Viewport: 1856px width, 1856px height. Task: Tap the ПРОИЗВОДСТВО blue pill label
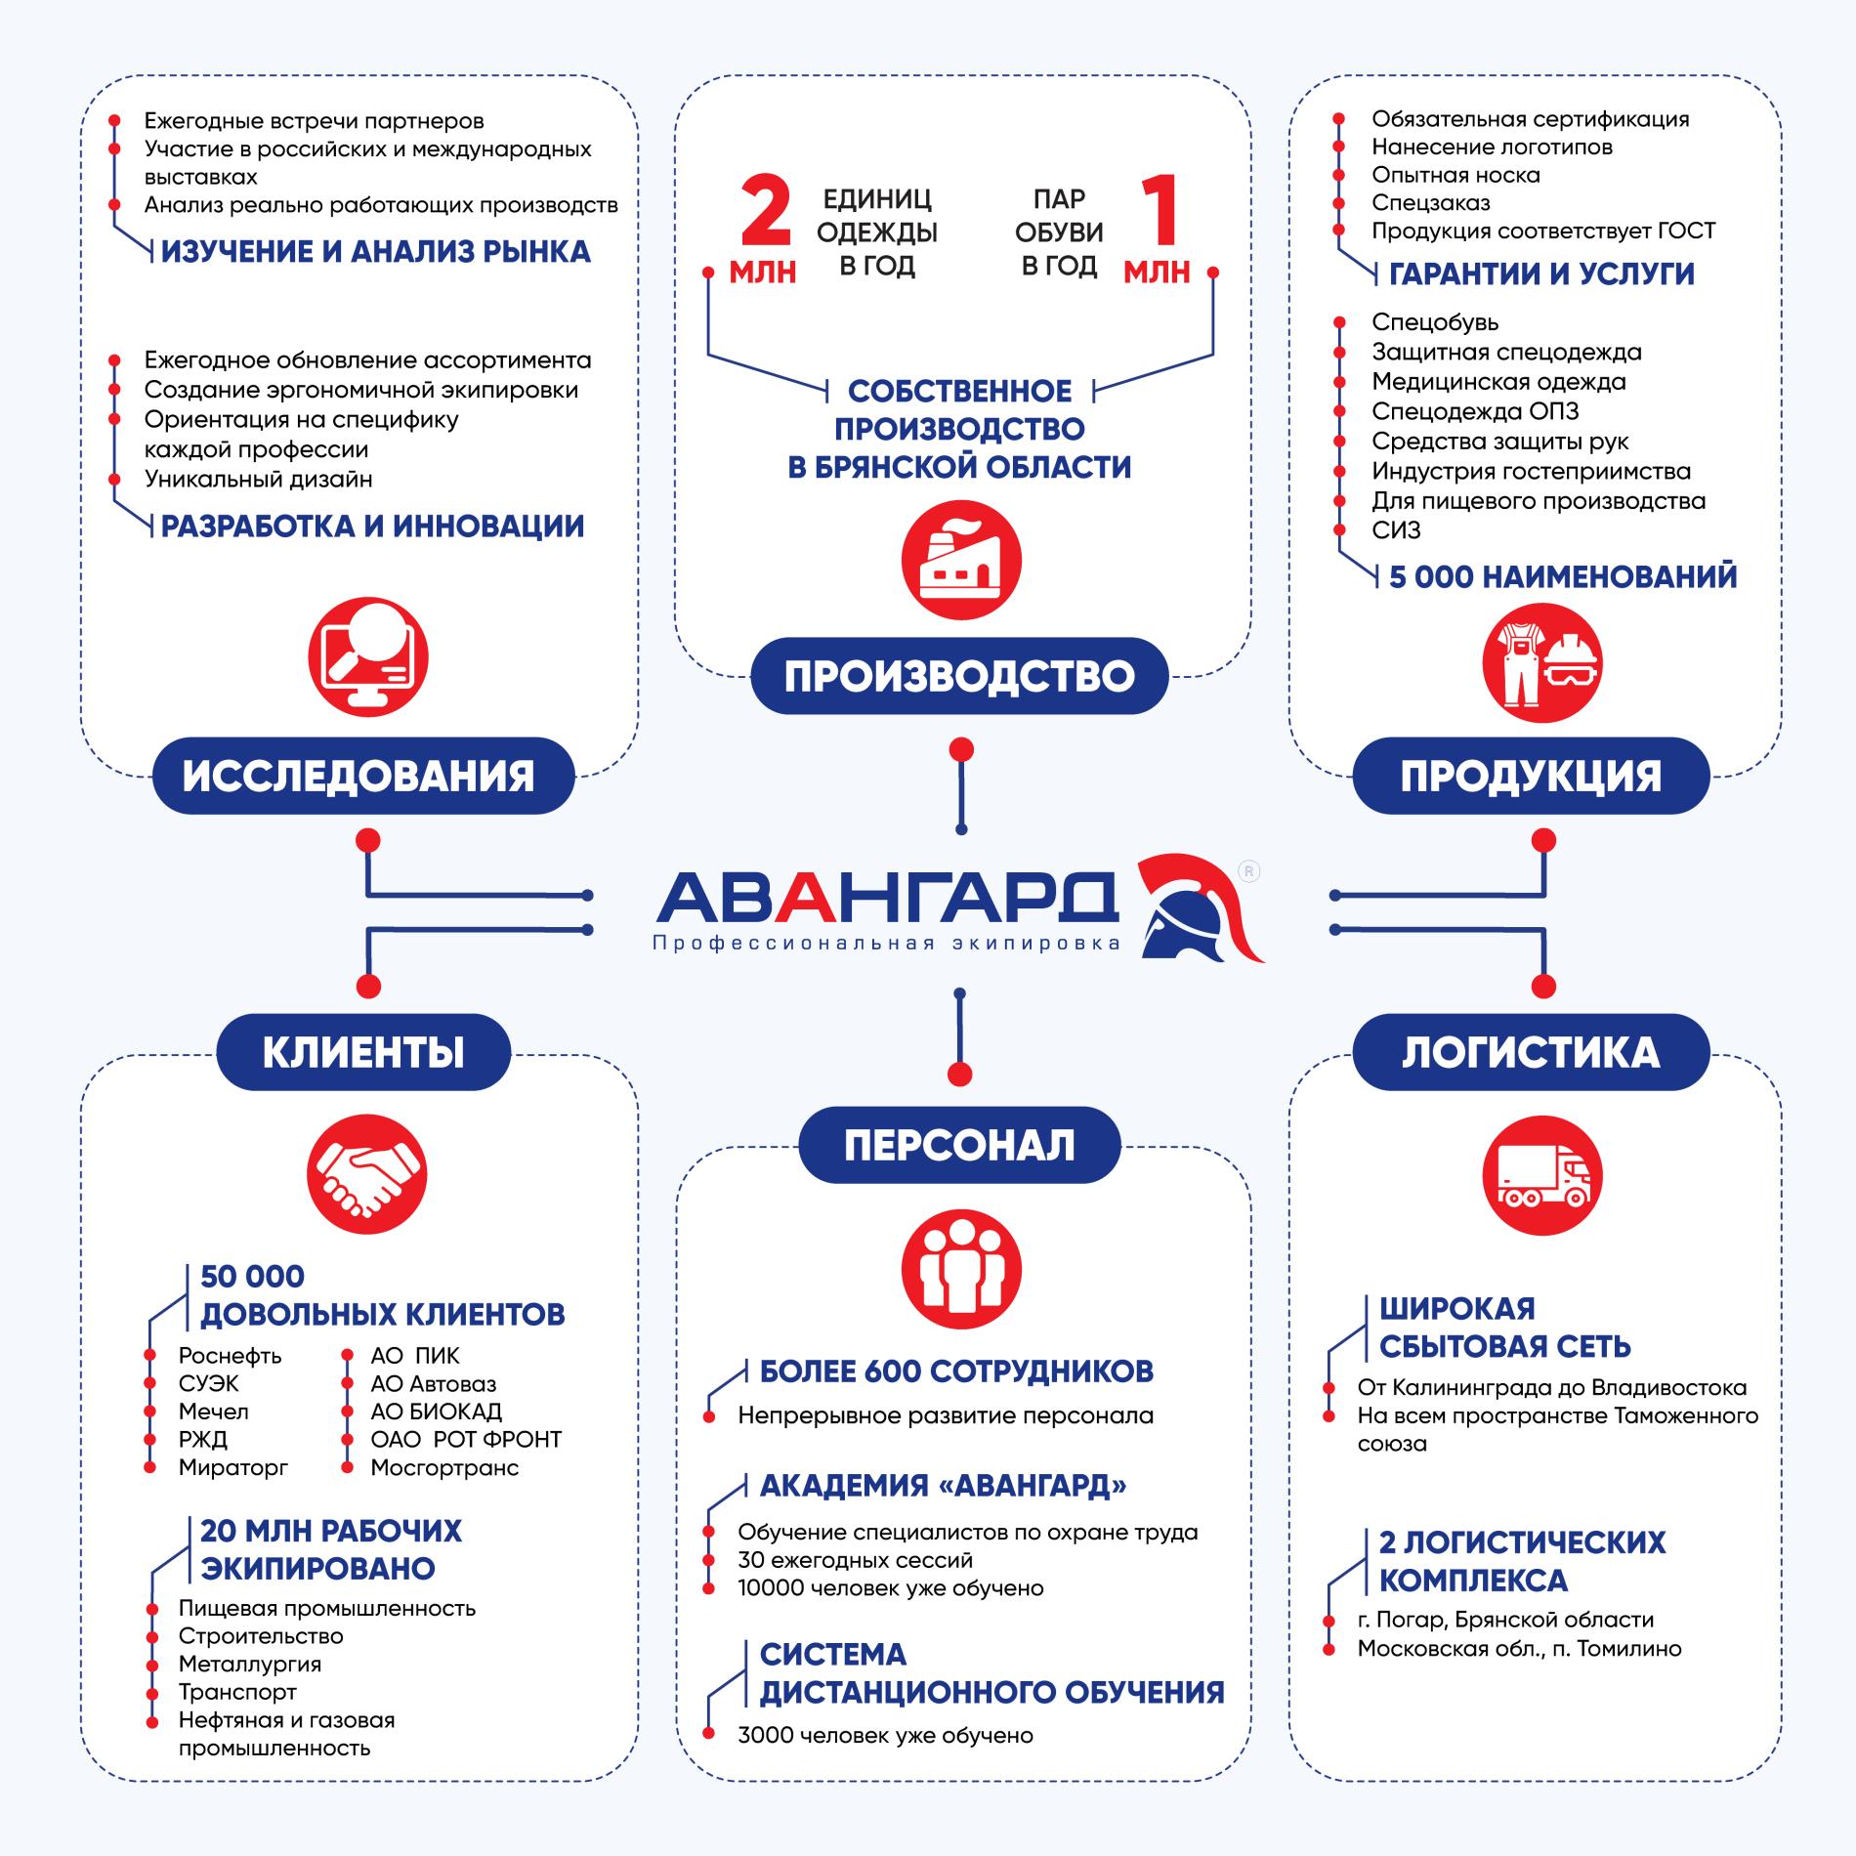tap(959, 676)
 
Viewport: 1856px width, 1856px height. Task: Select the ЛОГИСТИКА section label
tap(1531, 1052)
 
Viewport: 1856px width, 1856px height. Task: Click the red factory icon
tap(961, 562)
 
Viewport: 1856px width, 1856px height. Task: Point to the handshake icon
tap(367, 1173)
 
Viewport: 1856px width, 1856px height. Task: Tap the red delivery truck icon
tap(1542, 1175)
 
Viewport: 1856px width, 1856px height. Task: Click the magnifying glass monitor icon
tap(367, 655)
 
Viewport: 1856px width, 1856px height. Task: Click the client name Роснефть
tap(230, 1356)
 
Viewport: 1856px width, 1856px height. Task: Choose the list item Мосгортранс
tap(444, 1467)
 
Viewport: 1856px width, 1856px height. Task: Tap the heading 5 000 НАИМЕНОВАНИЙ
tap(1563, 576)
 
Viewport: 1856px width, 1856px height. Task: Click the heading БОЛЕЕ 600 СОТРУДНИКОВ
tap(956, 1371)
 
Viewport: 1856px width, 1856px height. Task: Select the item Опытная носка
tap(1455, 175)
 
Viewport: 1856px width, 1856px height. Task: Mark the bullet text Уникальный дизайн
tap(258, 479)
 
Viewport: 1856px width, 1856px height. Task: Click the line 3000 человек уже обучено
tap(885, 1735)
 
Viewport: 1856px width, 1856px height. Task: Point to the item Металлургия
tap(249, 1664)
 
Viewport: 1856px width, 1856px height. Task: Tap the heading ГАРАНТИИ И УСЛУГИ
tap(1541, 274)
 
